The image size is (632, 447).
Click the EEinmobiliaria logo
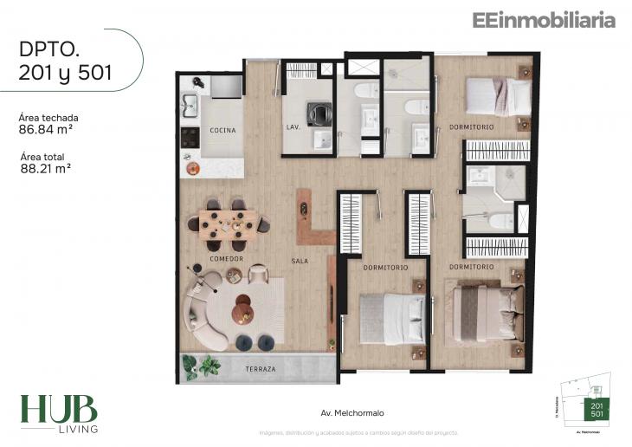click(x=543, y=21)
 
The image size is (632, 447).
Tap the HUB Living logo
click(x=59, y=414)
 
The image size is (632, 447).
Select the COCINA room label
click(x=222, y=131)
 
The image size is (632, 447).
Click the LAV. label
click(x=293, y=127)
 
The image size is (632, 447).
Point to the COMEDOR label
click(x=226, y=259)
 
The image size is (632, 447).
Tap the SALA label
click(x=300, y=260)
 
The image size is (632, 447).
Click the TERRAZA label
click(x=260, y=369)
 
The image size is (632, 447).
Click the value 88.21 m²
click(x=45, y=170)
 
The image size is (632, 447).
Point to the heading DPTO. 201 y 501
click(x=65, y=61)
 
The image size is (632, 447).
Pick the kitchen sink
click(x=190, y=106)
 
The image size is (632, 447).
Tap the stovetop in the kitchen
click(x=190, y=137)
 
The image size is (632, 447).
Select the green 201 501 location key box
click(x=597, y=410)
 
